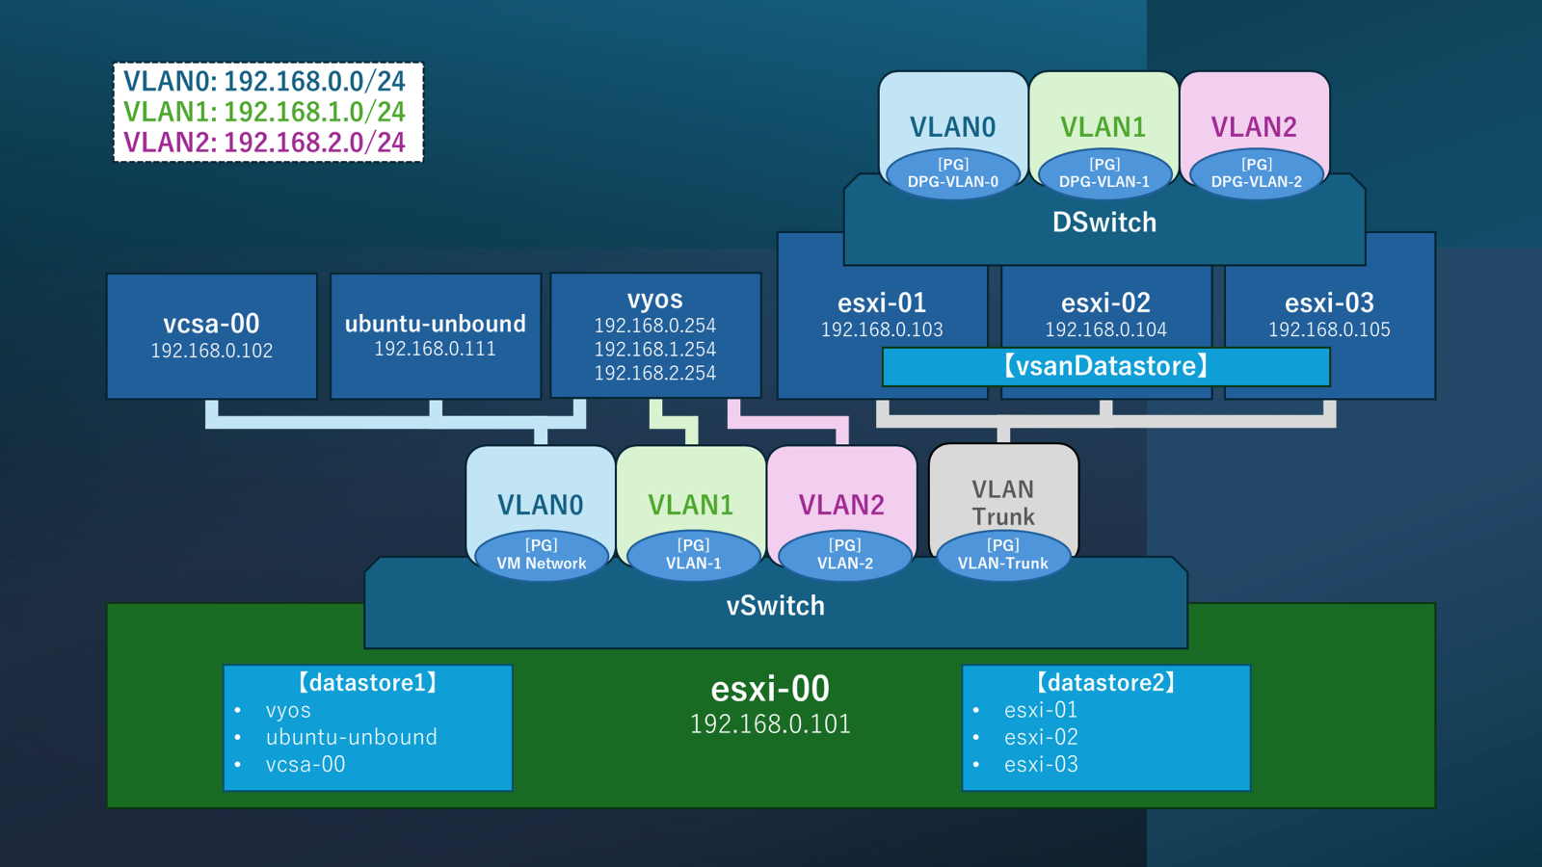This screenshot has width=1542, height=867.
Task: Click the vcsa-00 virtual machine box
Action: click(212, 335)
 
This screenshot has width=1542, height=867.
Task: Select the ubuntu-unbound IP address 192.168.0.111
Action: click(435, 349)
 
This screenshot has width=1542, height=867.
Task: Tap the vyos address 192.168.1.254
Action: click(655, 349)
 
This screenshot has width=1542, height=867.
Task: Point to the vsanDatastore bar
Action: click(1105, 366)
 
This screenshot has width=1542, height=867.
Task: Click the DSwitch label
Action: click(1104, 223)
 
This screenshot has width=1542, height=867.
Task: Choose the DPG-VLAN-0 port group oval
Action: click(953, 173)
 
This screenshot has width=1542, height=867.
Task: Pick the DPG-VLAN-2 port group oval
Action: click(1256, 173)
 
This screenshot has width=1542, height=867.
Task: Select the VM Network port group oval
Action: click(542, 555)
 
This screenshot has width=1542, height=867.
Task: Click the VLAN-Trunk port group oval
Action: click(1003, 555)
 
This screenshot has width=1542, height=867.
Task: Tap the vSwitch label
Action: click(776, 606)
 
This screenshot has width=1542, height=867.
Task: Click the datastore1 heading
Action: click(368, 683)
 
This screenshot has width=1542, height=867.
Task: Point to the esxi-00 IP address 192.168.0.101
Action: click(770, 724)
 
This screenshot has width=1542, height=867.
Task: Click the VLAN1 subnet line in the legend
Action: click(265, 112)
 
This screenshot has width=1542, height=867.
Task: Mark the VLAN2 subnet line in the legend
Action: click(265, 143)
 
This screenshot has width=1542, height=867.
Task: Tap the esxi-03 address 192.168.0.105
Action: click(1329, 329)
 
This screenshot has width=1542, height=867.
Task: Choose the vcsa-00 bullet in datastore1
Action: click(306, 764)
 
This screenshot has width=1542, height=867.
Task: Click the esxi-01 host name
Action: click(882, 302)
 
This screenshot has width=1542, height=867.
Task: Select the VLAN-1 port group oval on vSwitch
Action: click(693, 555)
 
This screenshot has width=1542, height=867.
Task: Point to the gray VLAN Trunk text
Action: click(1003, 503)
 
